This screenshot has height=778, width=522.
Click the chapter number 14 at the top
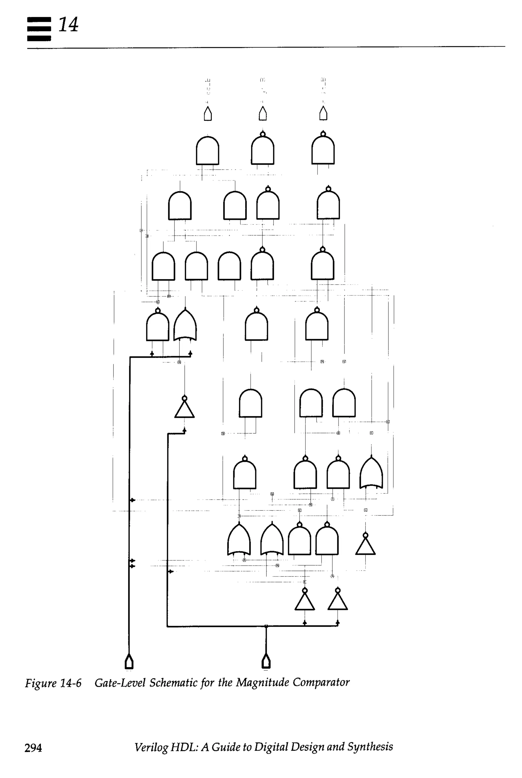[69, 25]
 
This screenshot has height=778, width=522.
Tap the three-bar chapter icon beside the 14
[39, 29]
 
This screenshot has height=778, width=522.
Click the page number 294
[33, 748]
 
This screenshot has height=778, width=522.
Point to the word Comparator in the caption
[321, 682]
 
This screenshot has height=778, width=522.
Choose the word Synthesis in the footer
[370, 747]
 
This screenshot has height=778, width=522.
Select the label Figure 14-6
[53, 683]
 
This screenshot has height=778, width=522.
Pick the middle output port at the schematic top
[263, 114]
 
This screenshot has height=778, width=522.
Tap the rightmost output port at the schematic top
[323, 114]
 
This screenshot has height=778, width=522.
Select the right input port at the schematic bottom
[266, 662]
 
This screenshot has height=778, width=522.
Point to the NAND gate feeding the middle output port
[263, 150]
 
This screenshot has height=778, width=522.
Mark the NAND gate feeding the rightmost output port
[323, 150]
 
